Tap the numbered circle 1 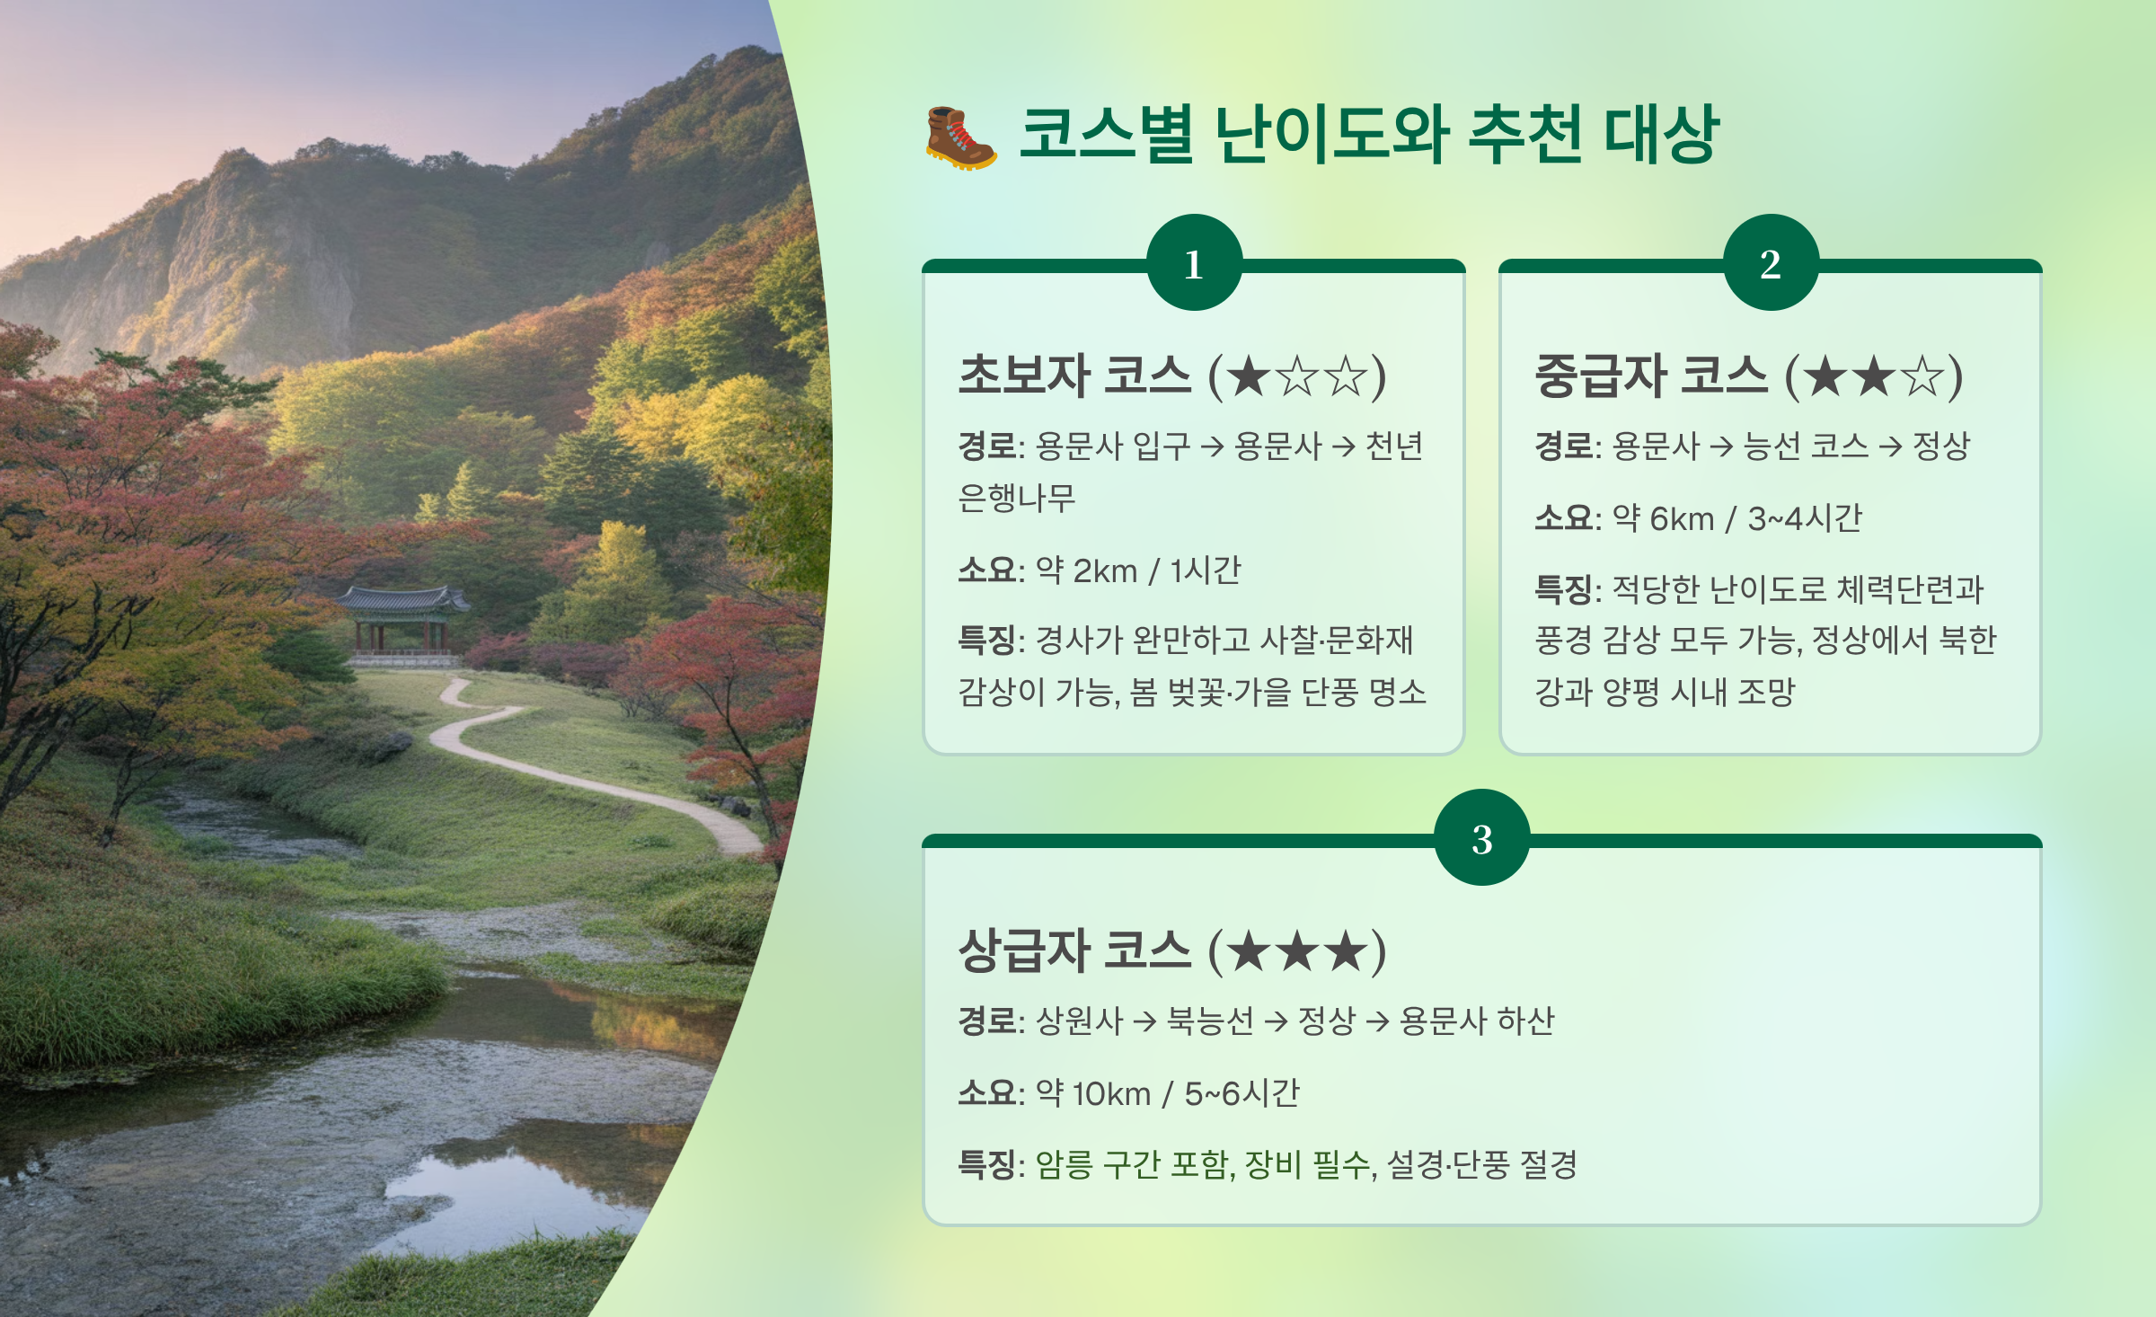tap(1194, 263)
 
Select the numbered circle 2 tap(1771, 263)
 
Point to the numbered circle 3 tap(1482, 838)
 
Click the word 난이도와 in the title tap(1331, 135)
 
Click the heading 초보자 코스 tap(1074, 376)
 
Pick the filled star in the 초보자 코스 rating tap(1248, 376)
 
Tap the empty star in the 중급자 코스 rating tap(1922, 376)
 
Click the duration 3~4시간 tap(1805, 518)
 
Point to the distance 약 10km tap(1093, 1093)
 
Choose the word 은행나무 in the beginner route tap(1016, 497)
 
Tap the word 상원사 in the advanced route tap(1079, 1021)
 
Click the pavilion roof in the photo tap(403, 599)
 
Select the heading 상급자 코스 tap(1074, 951)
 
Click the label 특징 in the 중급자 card tap(1563, 589)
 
